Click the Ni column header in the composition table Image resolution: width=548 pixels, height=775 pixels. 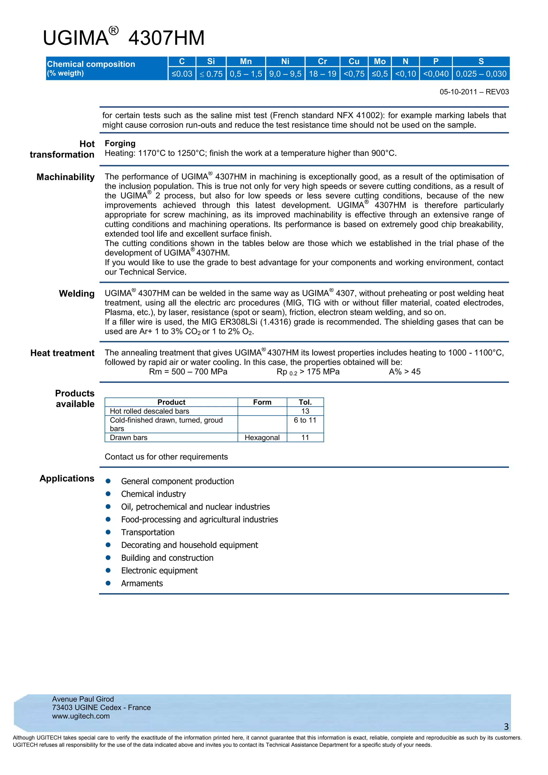285,62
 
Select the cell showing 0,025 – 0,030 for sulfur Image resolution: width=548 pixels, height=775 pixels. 481,74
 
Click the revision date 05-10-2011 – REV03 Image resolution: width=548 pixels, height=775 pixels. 474,92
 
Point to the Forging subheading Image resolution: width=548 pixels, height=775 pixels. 120,143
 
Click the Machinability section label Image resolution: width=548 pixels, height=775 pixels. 66,177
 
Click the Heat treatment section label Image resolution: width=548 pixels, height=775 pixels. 62,353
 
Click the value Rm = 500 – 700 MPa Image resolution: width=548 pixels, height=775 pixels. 188,372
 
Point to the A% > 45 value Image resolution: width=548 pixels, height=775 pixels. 405,372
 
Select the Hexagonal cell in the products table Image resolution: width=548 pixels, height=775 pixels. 262,438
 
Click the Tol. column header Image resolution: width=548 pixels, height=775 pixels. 305,402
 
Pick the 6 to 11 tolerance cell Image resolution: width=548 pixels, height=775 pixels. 305,420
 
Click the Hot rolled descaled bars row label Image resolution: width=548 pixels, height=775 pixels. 150,411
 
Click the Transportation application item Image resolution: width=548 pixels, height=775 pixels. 148,532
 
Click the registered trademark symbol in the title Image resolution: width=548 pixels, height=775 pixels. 114,31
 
